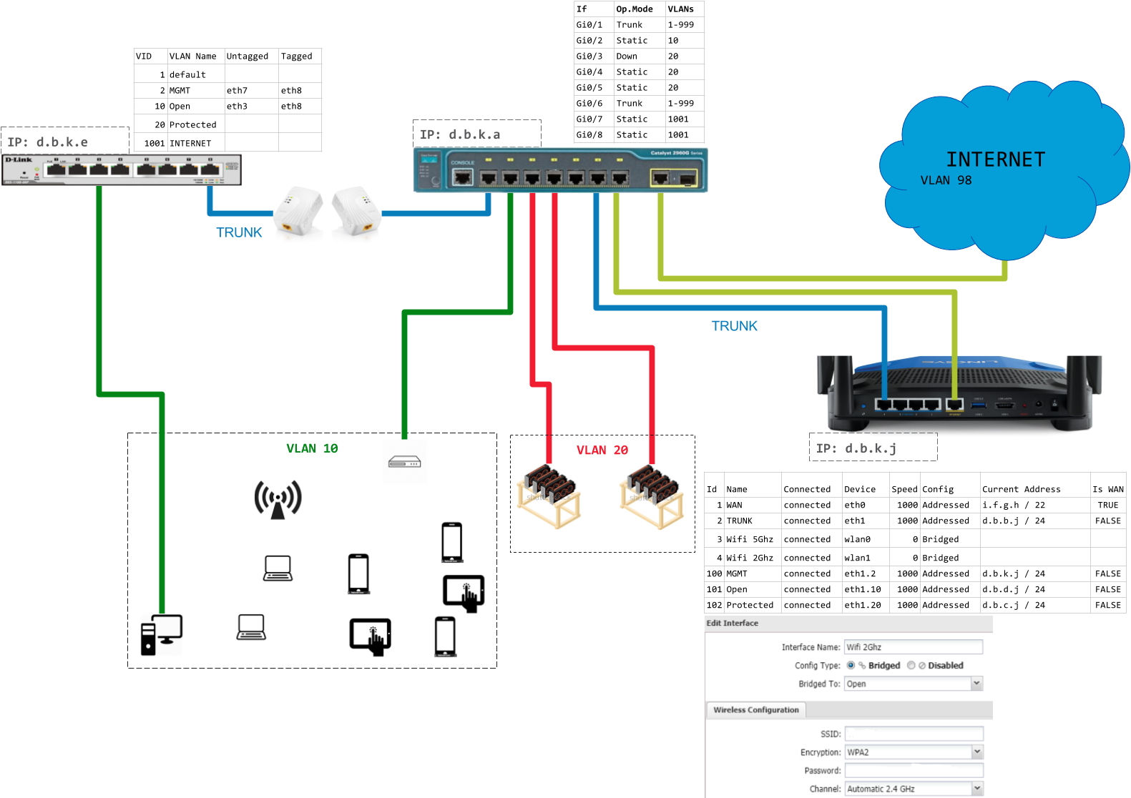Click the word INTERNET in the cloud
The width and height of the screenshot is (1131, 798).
click(x=996, y=159)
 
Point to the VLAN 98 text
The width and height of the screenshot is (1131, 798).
click(x=946, y=180)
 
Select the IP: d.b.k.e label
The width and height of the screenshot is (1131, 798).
click(x=48, y=142)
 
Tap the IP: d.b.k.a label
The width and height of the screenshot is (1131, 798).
click(x=460, y=134)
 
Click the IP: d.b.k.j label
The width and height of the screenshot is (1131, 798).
click(x=856, y=448)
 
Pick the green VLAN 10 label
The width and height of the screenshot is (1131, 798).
click(x=312, y=448)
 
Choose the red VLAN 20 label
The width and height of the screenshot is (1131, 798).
click(x=602, y=450)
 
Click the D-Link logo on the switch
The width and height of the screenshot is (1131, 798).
click(x=19, y=159)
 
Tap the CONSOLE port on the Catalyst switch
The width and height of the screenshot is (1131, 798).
click(x=463, y=176)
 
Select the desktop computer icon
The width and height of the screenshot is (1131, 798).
click(x=162, y=635)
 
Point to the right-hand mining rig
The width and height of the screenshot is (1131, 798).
click(x=651, y=497)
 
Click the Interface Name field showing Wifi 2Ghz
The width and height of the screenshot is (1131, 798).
click(x=913, y=647)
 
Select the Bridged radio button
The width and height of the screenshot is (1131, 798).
click(x=851, y=665)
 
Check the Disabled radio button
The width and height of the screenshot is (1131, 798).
click(x=911, y=665)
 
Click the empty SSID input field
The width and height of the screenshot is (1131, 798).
click(x=914, y=734)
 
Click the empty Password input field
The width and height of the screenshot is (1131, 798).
click(x=914, y=771)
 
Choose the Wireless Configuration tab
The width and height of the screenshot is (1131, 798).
click(x=756, y=710)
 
